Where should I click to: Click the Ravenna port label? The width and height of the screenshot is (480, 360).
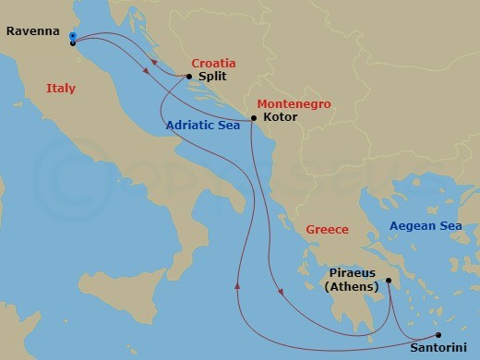pos(32,30)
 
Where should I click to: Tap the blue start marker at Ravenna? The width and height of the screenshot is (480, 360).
pos(72,37)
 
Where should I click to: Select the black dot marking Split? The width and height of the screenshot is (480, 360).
pos(189,77)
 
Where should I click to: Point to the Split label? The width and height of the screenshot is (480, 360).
pos(212,78)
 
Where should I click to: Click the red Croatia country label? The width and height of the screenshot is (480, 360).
pos(213,64)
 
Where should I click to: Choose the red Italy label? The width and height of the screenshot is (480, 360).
pos(60,89)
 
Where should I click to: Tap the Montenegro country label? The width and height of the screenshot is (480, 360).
pos(294,104)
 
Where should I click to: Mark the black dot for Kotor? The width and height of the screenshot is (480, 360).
pos(254,119)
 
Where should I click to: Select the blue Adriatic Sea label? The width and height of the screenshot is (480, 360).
pos(204,126)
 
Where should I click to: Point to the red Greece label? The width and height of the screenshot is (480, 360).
pos(327,230)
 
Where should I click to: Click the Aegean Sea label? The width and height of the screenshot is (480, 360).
pos(426,225)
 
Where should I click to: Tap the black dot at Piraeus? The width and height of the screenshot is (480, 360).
pos(389,281)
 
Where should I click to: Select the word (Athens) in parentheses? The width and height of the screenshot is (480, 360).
pos(351,287)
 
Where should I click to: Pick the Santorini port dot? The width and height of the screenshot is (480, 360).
pos(438,335)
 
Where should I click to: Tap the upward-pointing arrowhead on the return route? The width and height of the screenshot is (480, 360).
pos(238,283)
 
